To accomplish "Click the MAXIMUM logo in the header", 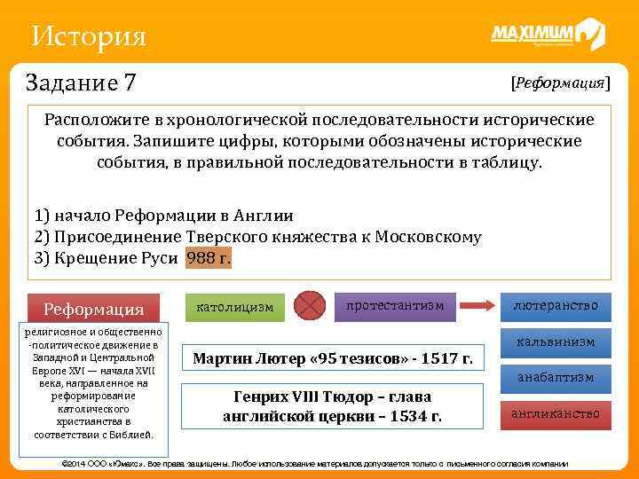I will (547, 35).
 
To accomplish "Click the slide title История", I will (87, 36).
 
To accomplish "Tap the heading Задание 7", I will (82, 83).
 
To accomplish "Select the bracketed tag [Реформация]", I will (560, 82).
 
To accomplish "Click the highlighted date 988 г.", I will (209, 258).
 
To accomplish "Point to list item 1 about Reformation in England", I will (163, 216).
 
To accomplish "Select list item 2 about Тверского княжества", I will (257, 237).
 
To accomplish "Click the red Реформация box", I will (94, 309).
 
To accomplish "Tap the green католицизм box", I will (234, 307).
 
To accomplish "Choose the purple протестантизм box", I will (396, 305).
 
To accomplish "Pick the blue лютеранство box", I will (555, 306).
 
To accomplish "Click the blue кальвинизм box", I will (555, 342).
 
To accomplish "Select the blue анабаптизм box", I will (555, 378).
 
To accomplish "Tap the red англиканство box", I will (555, 413).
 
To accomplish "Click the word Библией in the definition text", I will (133, 435).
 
